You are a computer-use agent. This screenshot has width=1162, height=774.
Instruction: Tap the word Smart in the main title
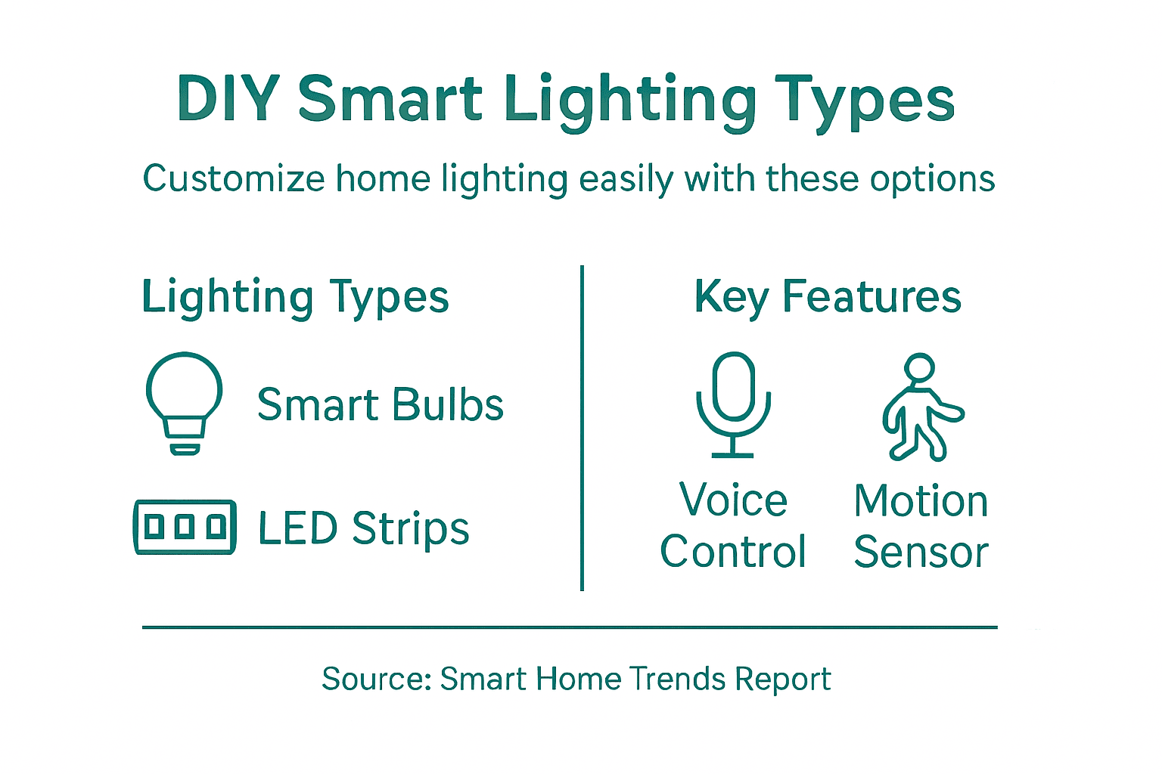(x=390, y=99)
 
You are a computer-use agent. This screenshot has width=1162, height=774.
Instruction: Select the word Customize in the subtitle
(x=234, y=180)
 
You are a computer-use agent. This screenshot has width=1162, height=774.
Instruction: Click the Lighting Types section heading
(x=295, y=297)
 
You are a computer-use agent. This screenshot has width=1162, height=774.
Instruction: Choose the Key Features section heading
(x=828, y=296)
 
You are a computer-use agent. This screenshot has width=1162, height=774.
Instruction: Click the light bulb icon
(x=184, y=401)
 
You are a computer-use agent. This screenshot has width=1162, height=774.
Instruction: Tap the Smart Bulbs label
(x=380, y=405)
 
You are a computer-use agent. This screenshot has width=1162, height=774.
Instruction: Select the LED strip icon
(x=185, y=527)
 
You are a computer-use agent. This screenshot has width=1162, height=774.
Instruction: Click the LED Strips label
(x=363, y=528)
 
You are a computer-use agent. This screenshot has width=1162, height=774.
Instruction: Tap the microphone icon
(x=733, y=404)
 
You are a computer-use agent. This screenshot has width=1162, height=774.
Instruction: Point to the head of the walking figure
(x=920, y=369)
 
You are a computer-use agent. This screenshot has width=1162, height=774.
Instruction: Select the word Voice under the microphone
(x=733, y=500)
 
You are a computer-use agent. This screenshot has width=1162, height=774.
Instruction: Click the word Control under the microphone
(x=732, y=552)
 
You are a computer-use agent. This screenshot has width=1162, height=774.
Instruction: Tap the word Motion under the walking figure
(x=921, y=501)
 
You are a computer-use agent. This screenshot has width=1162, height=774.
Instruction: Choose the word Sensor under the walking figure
(x=921, y=553)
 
